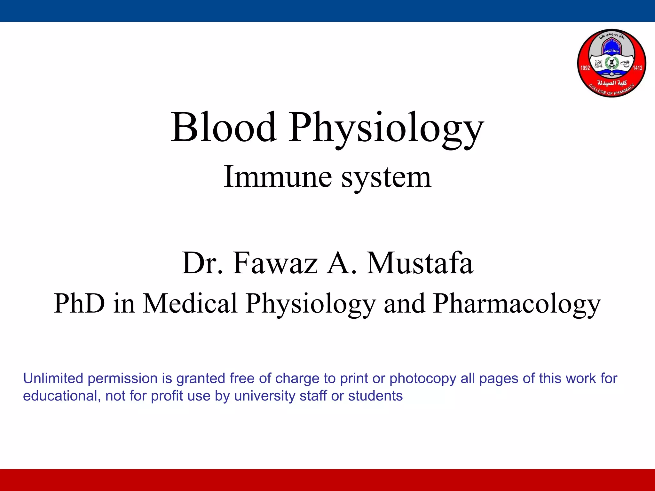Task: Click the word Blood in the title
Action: tap(224, 127)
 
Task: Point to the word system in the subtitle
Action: tap(386, 178)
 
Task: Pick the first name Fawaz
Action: tap(275, 263)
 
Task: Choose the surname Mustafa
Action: tap(420, 263)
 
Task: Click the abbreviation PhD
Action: tap(79, 303)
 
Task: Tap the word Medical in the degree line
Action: tap(190, 303)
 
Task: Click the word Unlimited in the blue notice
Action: tap(53, 378)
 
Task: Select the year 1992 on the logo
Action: tap(585, 68)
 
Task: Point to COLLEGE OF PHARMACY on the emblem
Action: tap(612, 90)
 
